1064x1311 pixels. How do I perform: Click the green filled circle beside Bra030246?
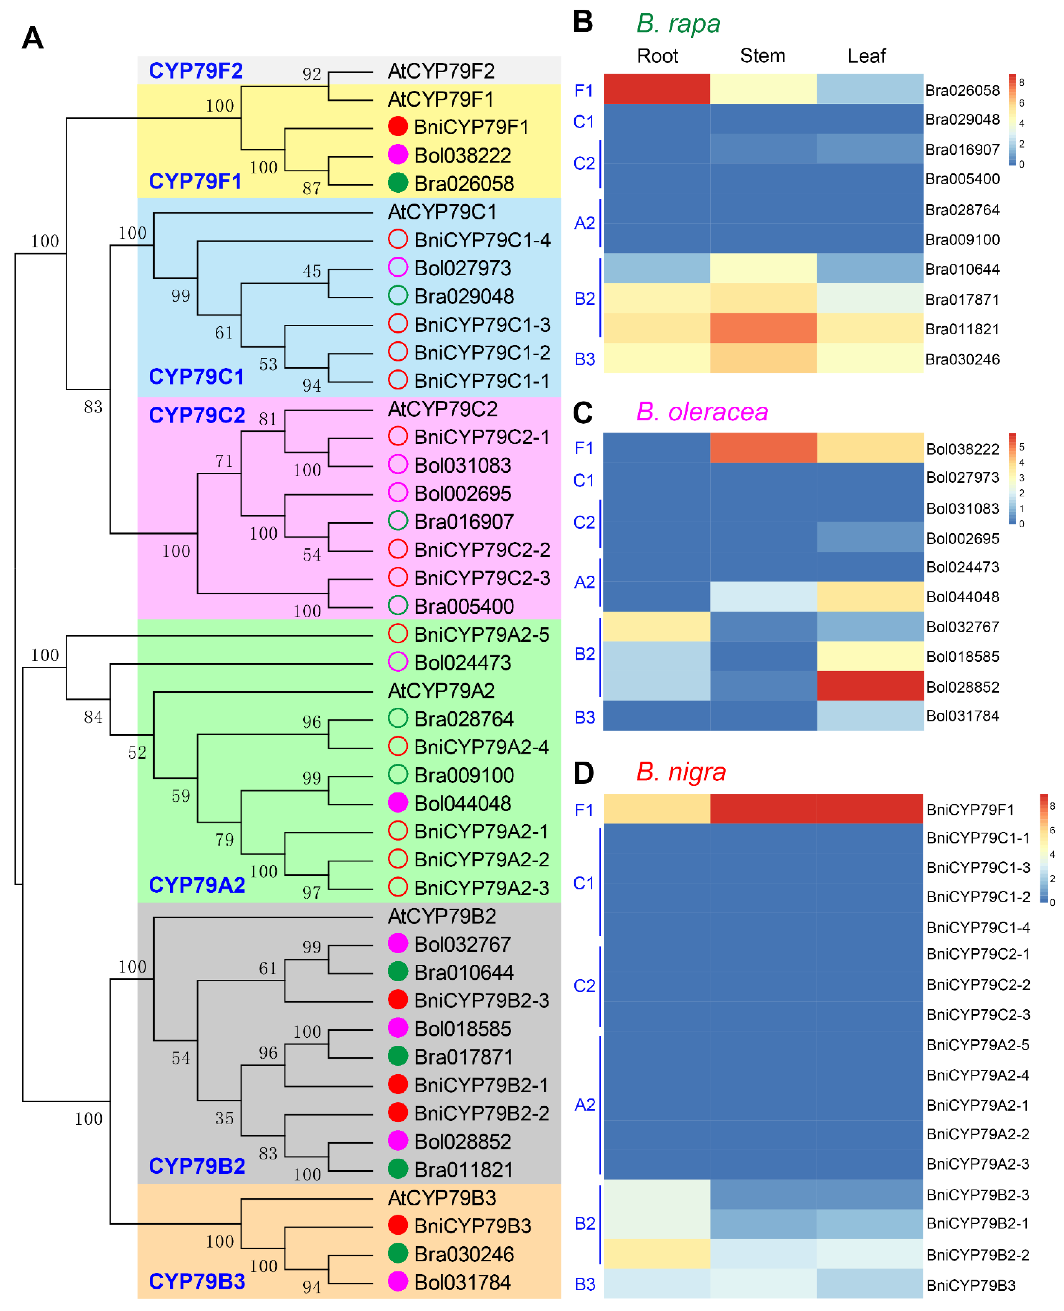[398, 1253]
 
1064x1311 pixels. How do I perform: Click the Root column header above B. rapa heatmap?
[657, 56]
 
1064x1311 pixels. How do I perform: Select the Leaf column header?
[866, 56]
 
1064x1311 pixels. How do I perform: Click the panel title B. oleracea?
[702, 411]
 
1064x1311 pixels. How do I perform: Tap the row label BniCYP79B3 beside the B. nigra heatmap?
[971, 1285]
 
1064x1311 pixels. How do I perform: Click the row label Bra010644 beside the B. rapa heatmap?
[962, 269]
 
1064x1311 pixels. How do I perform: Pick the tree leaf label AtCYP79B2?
[441, 916]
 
